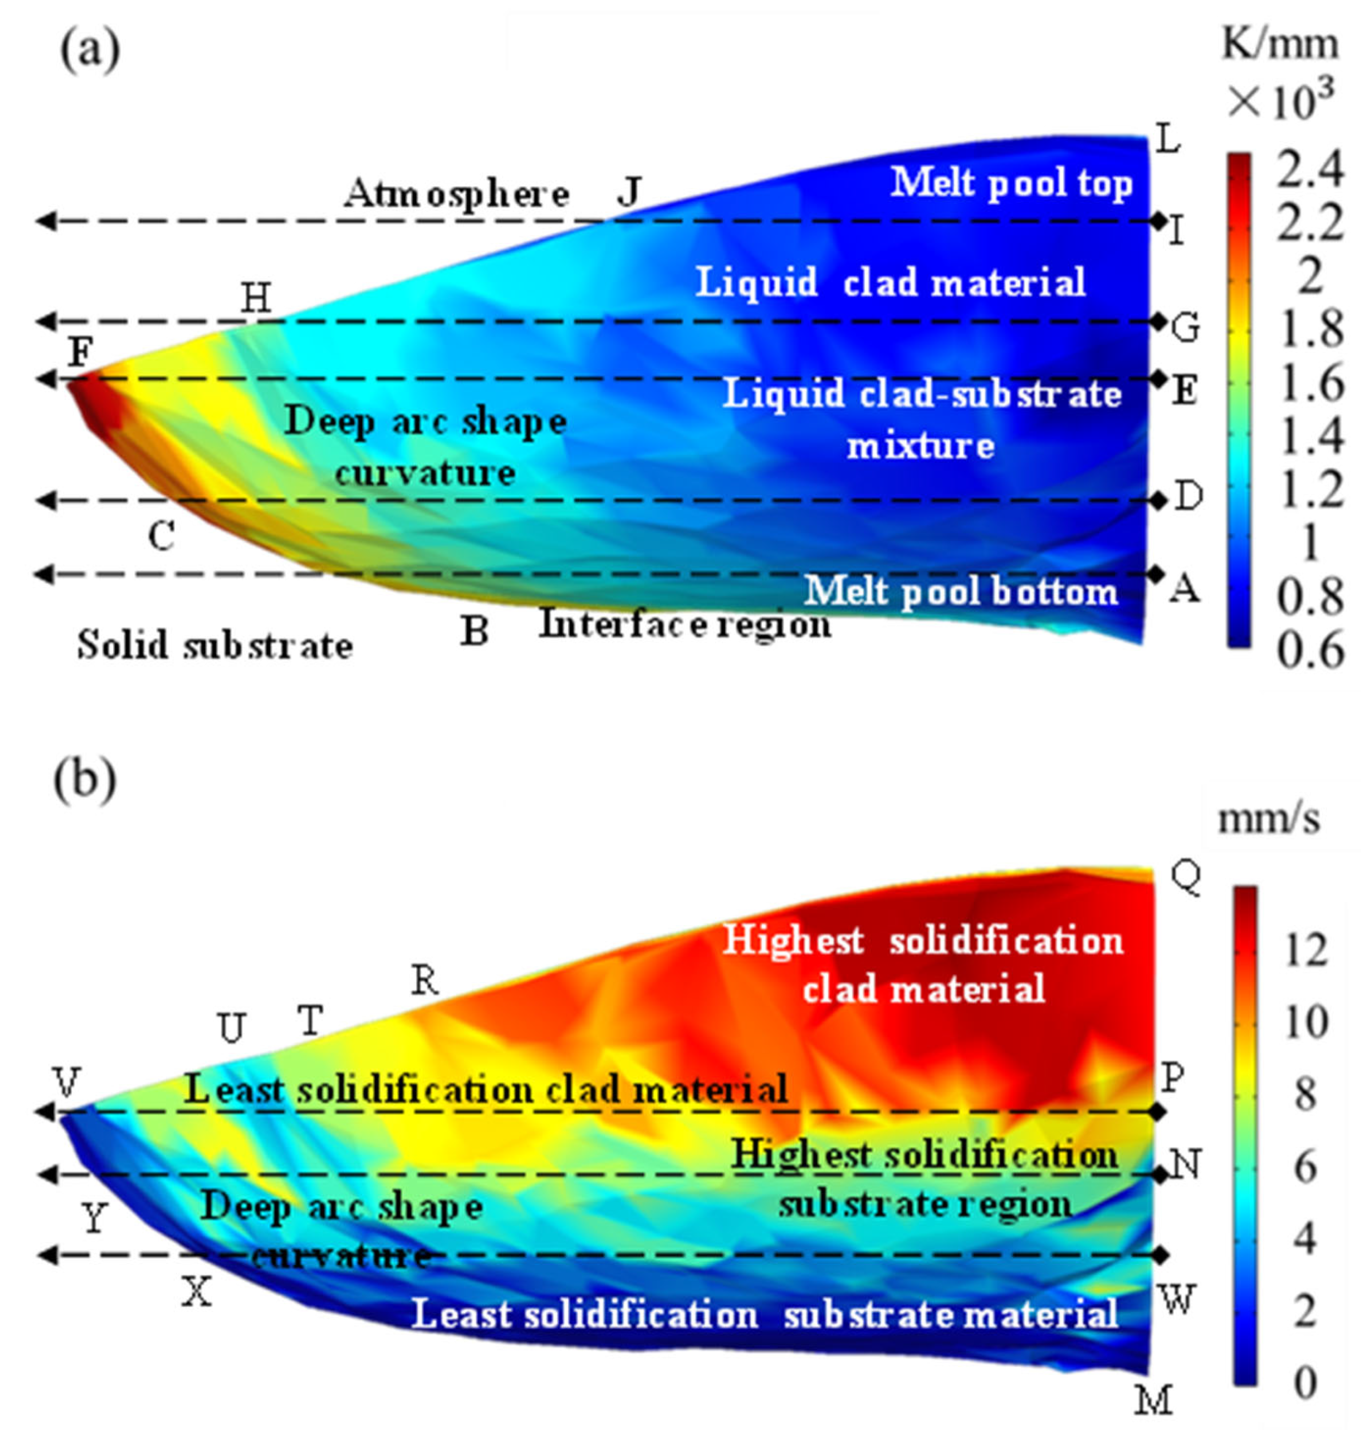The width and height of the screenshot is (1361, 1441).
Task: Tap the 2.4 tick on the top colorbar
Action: (1309, 173)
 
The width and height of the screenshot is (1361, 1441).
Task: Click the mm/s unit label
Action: (1268, 820)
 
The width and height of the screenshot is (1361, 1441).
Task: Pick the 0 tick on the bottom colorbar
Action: (1305, 1384)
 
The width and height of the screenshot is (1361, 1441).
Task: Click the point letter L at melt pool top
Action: (1167, 138)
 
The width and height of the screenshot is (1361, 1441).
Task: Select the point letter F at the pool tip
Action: (81, 354)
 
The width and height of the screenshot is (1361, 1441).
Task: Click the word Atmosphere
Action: (456, 194)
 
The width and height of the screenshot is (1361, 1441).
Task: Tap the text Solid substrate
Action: (215, 645)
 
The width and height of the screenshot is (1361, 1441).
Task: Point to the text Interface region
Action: (685, 624)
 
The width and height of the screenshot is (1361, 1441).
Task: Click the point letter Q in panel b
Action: (1186, 879)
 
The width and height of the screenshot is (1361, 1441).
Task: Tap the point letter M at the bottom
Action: (1154, 1400)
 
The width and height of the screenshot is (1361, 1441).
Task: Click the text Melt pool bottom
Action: (961, 591)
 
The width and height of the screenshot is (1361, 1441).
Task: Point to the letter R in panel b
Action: (425, 982)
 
